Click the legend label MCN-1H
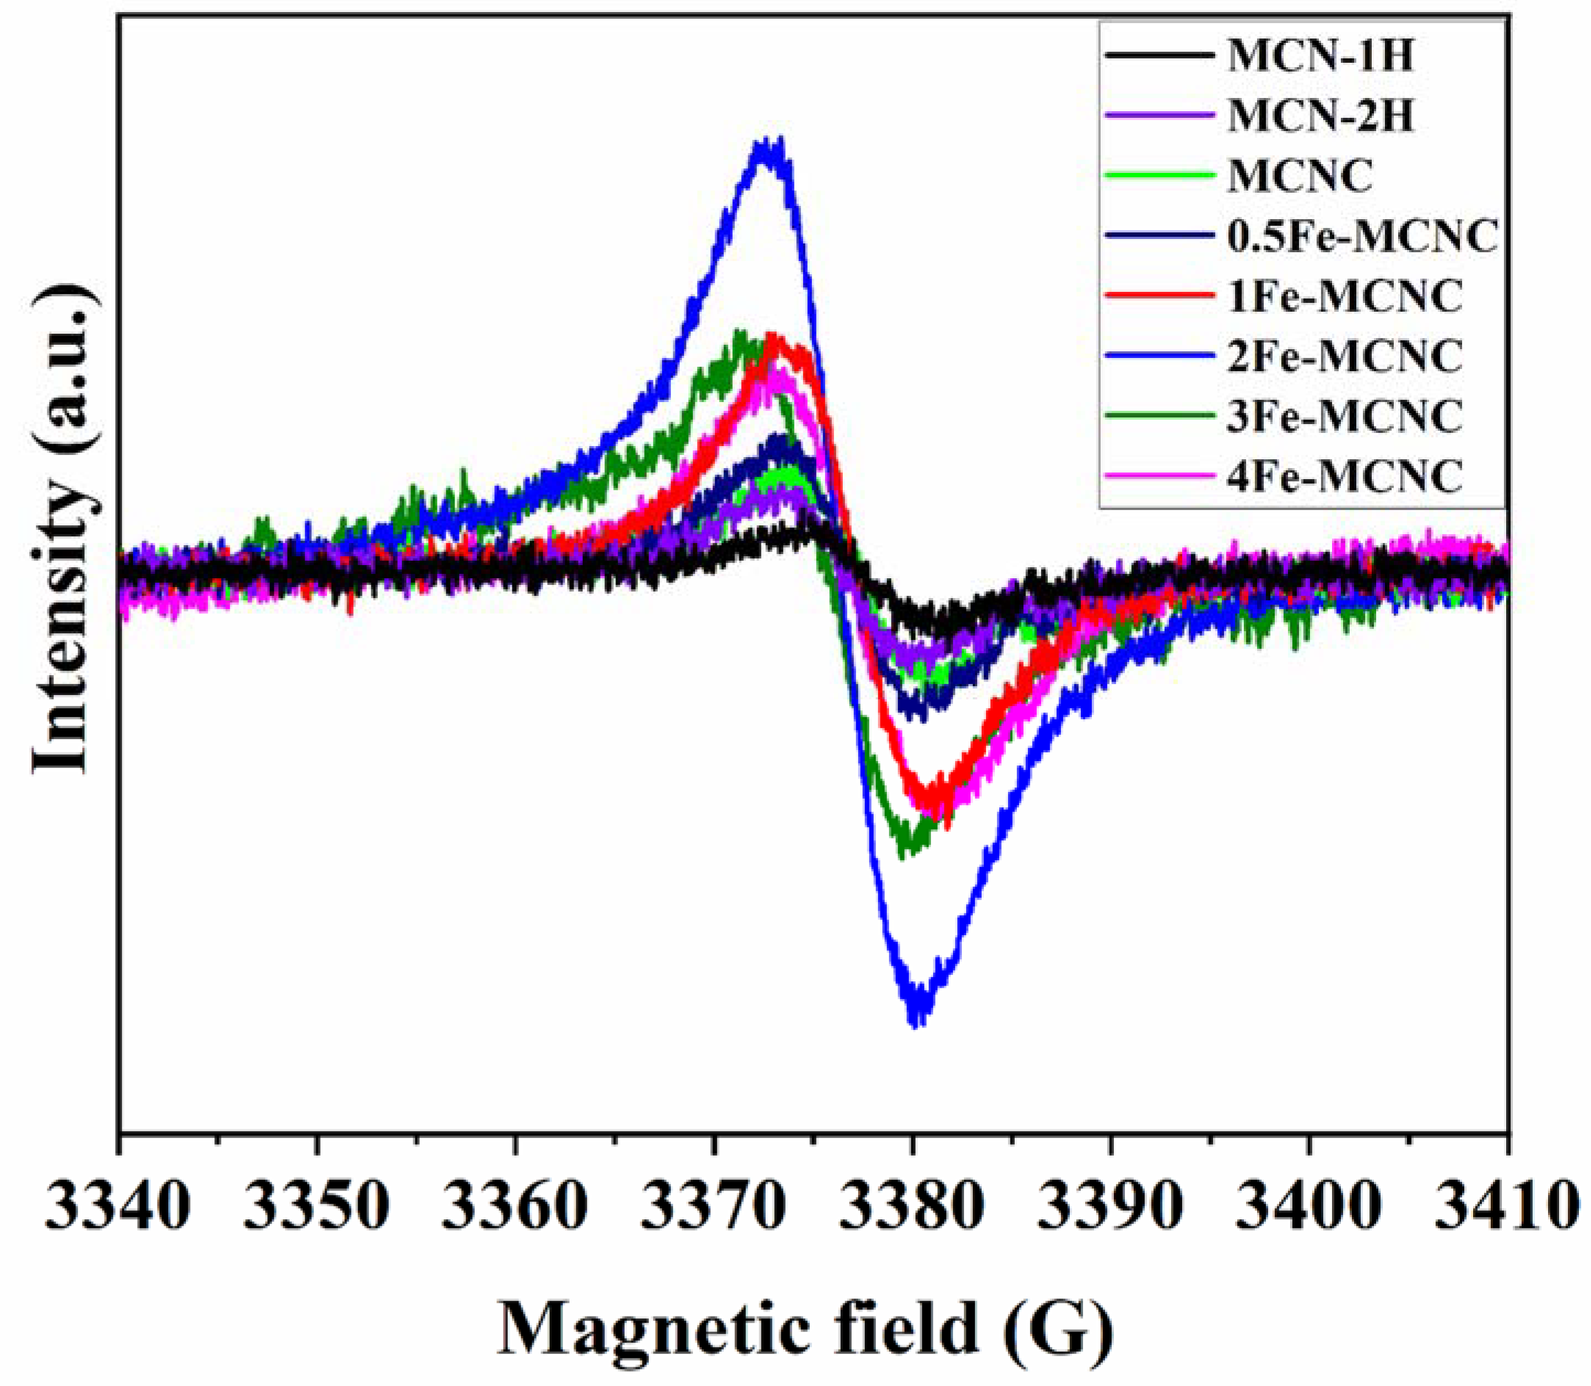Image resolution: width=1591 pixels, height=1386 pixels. (x=1320, y=57)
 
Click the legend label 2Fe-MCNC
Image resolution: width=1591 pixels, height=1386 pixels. (x=1345, y=355)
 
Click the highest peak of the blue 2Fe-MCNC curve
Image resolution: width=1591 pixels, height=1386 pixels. (x=766, y=143)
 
